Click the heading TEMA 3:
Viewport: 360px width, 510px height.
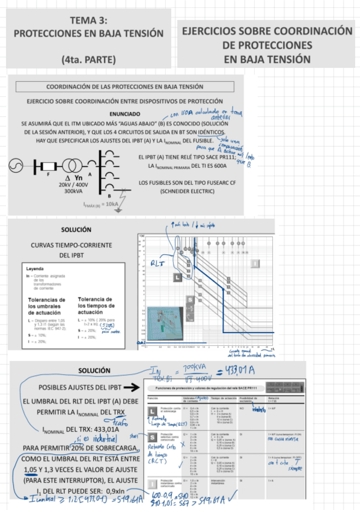[88, 20]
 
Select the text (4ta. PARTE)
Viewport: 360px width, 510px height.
[88, 59]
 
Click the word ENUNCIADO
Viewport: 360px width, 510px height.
[124, 113]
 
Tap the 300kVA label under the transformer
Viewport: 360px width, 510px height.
[73, 191]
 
